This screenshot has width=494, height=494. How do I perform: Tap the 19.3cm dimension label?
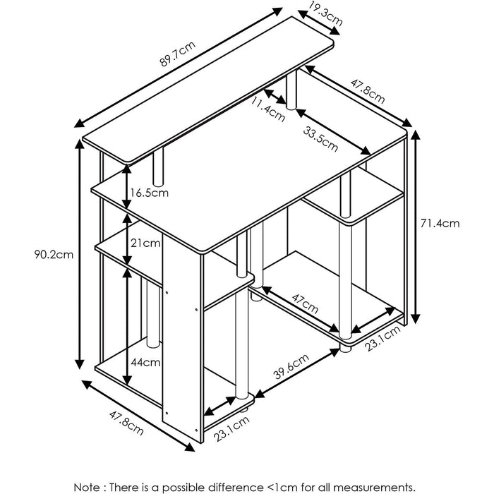click(325, 13)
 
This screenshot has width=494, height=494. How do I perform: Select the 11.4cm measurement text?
click(268, 109)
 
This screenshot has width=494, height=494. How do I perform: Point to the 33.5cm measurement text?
click(320, 138)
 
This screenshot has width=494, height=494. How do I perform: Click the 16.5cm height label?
click(150, 193)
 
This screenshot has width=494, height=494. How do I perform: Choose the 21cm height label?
click(145, 243)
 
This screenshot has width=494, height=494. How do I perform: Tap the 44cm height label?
click(145, 362)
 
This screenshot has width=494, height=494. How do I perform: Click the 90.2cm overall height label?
click(54, 254)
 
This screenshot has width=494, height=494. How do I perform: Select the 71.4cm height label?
click(440, 224)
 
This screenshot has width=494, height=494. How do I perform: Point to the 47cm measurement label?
click(305, 303)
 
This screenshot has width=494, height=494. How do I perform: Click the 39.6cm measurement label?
click(291, 367)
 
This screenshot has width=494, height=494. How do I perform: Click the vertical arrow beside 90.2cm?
click(80, 253)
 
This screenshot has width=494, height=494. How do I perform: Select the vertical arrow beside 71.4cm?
click(416, 227)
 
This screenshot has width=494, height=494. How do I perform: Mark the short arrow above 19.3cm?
click(319, 23)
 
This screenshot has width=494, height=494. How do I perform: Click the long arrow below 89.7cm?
click(179, 68)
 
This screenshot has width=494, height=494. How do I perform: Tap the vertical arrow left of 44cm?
click(127, 327)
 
